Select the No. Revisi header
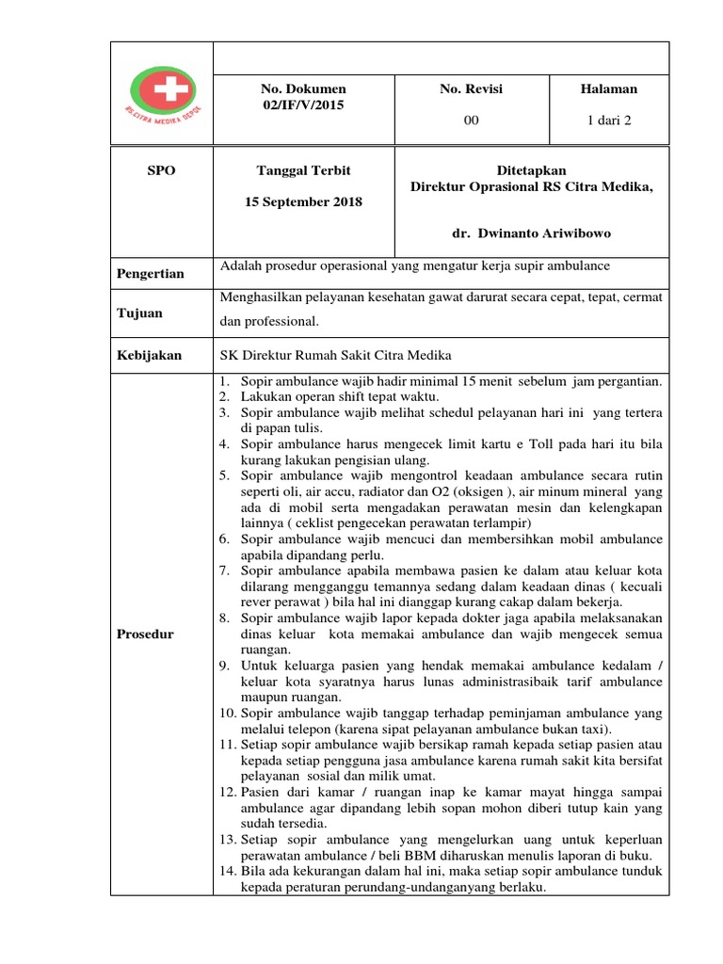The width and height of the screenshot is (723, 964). pyautogui.click(x=471, y=88)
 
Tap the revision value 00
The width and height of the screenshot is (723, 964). pyautogui.click(x=472, y=120)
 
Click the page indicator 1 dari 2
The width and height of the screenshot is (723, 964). pyautogui.click(x=608, y=120)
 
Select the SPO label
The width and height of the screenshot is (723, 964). pyautogui.click(x=161, y=170)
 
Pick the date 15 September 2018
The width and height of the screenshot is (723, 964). pyautogui.click(x=303, y=201)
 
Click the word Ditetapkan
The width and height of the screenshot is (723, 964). pyautogui.click(x=532, y=170)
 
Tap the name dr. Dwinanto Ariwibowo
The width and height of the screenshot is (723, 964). pyautogui.click(x=532, y=233)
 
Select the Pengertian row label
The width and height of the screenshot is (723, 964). pyautogui.click(x=151, y=274)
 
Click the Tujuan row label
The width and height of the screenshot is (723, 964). pyautogui.click(x=139, y=313)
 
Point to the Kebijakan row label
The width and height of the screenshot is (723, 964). pyautogui.click(x=149, y=356)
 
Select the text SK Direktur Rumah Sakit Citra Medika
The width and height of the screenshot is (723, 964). pyautogui.click(x=335, y=355)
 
